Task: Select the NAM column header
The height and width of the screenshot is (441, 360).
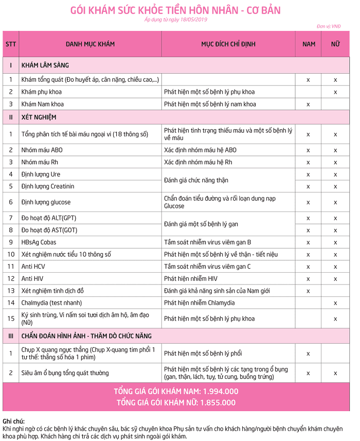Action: (x=309, y=44)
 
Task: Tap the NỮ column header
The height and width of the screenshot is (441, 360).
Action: (x=335, y=44)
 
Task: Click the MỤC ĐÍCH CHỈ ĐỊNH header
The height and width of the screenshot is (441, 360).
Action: (x=228, y=44)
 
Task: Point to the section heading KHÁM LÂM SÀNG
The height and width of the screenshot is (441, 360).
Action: (x=45, y=65)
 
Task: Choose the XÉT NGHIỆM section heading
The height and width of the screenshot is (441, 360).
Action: (x=39, y=117)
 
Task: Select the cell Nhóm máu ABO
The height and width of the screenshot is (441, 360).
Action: (x=42, y=150)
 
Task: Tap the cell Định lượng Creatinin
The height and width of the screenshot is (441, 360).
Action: (x=48, y=186)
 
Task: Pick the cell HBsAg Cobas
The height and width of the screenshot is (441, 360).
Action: (x=39, y=242)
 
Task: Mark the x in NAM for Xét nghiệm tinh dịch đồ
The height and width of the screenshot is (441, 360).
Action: (x=309, y=291)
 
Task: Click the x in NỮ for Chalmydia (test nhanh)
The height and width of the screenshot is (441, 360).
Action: (x=335, y=303)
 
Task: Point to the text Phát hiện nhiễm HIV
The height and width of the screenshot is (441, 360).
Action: (x=191, y=278)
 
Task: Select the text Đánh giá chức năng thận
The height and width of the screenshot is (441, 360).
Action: (x=196, y=180)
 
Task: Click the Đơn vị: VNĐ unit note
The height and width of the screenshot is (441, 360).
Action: (x=329, y=26)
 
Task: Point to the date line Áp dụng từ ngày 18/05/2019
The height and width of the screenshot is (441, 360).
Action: (x=175, y=20)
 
